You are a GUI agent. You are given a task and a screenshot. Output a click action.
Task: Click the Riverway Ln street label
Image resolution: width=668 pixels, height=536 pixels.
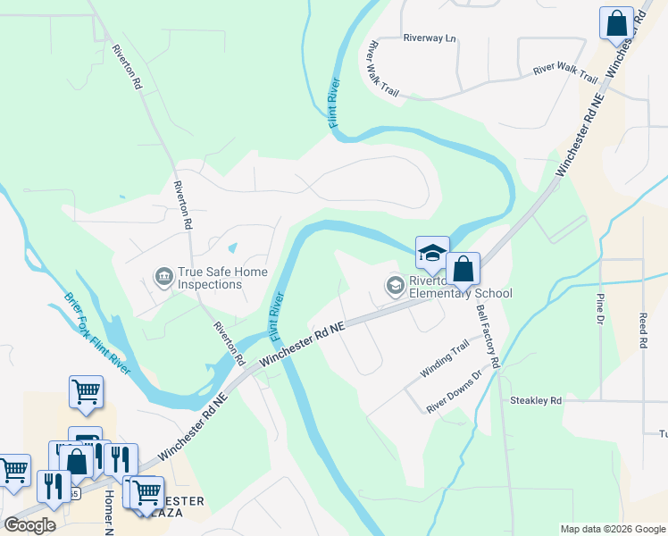tap(429, 38)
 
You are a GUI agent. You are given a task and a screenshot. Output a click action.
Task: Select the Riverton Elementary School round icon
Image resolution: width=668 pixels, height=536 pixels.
tap(395, 286)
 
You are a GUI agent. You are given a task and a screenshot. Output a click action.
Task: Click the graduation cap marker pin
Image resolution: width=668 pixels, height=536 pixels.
tap(432, 253)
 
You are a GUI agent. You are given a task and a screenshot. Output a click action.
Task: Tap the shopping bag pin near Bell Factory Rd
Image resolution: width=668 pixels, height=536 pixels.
tap(463, 269)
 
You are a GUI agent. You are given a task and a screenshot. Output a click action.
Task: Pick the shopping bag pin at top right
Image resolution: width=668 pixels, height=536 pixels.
tap(616, 24)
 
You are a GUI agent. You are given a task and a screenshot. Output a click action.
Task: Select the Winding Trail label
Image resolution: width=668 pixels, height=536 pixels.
tap(445, 362)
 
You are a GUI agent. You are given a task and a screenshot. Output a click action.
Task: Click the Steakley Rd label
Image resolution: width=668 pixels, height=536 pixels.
tap(535, 401)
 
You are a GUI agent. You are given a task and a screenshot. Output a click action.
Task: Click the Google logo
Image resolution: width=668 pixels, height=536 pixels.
tap(29, 525)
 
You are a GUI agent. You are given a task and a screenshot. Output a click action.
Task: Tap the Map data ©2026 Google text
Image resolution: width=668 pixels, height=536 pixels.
tap(613, 529)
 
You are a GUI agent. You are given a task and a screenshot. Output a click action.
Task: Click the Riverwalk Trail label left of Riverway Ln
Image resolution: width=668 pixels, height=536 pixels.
tap(382, 68)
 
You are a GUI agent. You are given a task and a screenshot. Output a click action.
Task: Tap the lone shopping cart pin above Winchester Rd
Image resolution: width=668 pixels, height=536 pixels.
tap(86, 391)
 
